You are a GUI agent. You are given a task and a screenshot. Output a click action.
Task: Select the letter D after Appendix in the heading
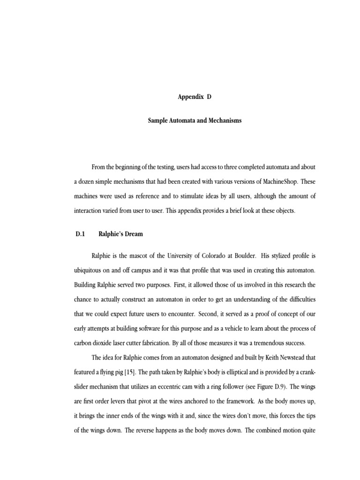[209, 98]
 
